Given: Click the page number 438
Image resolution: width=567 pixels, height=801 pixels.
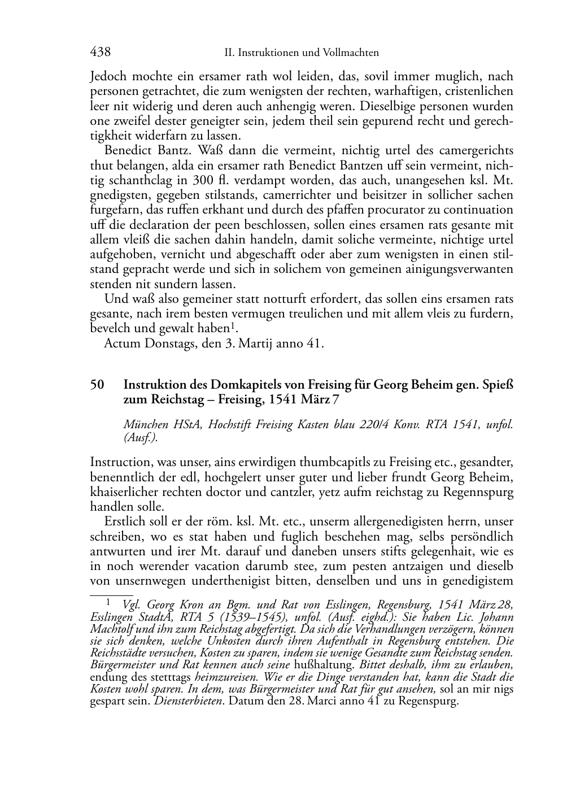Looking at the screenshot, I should [101, 53].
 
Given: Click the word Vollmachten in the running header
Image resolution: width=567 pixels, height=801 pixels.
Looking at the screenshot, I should [351, 53].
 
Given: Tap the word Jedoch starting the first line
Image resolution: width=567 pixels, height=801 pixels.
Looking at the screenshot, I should [108, 76].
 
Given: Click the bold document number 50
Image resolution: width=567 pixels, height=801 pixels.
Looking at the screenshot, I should [97, 385].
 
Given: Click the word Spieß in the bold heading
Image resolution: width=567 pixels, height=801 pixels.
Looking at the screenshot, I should [498, 385].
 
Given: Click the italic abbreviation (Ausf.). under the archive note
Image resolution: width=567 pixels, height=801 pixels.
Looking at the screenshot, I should [140, 438].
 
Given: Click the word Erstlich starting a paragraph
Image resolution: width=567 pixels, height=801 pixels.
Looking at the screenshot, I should [123, 522].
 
